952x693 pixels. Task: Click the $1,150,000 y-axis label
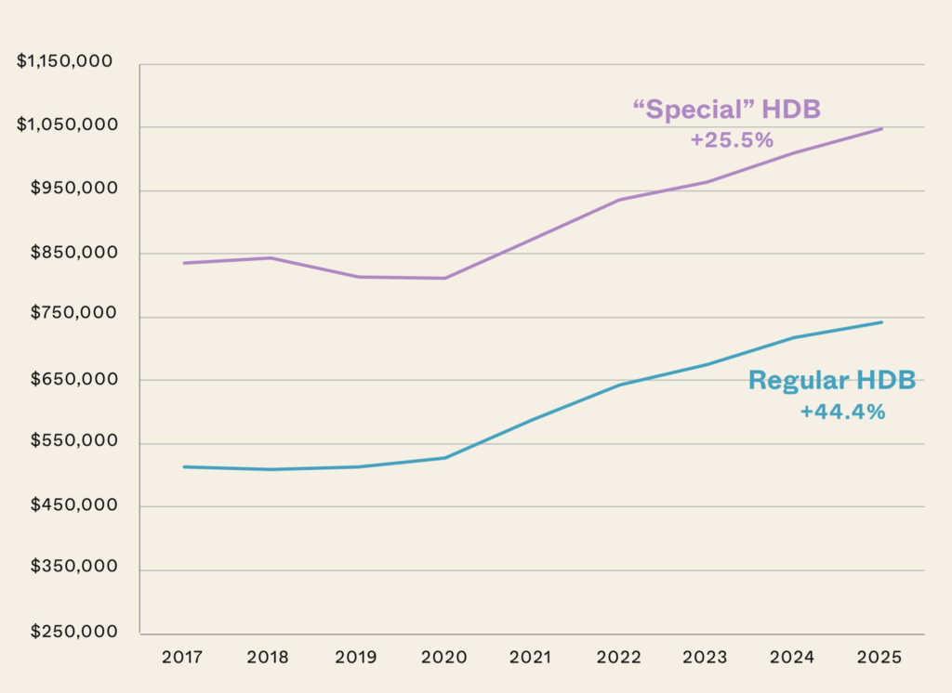pyautogui.click(x=65, y=61)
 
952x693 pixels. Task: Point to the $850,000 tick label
pyautogui.click(x=71, y=252)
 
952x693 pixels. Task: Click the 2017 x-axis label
pyautogui.click(x=183, y=658)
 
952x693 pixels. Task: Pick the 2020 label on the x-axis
pyautogui.click(x=445, y=658)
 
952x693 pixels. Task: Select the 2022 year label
pyautogui.click(x=619, y=658)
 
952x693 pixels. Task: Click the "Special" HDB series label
pyautogui.click(x=726, y=110)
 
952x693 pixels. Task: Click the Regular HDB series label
pyautogui.click(x=832, y=380)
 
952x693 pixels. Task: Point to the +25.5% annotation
pyautogui.click(x=732, y=140)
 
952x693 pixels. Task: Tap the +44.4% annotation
pyautogui.click(x=842, y=412)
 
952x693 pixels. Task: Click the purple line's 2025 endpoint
pyautogui.click(x=881, y=128)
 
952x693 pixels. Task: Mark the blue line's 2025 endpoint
pyautogui.click(x=881, y=322)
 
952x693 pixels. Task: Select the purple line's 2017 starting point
pyautogui.click(x=184, y=263)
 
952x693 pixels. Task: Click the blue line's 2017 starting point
pyautogui.click(x=184, y=466)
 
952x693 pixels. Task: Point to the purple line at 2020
pyautogui.click(x=446, y=278)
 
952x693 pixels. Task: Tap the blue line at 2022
pyautogui.click(x=619, y=385)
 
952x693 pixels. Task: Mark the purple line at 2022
pyautogui.click(x=619, y=200)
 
